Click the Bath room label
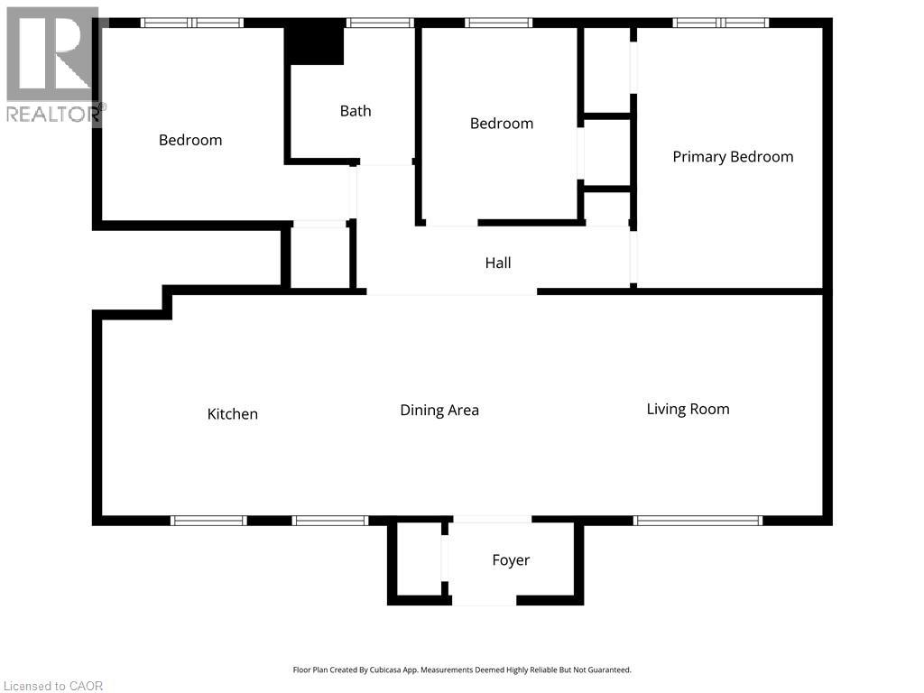356,111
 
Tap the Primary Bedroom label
733,157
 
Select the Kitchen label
232,413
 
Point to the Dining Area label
439,411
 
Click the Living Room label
688,409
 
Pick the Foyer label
511,559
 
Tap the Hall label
498,263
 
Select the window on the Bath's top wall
380,23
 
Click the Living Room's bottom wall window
698,521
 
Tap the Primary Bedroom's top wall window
721,23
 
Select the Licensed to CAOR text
53,686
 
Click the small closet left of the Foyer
419,558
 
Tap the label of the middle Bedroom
502,123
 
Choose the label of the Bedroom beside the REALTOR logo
190,140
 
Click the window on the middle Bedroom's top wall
498,23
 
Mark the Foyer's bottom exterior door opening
484,600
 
